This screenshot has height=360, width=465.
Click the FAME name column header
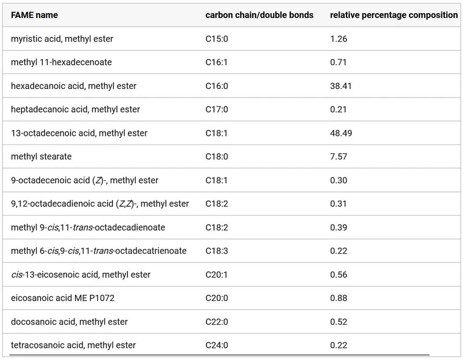point(34,15)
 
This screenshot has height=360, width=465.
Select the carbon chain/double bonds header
point(259,15)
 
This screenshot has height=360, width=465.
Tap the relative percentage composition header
point(393,15)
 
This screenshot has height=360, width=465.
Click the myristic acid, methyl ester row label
point(62,39)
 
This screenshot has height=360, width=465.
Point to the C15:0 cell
point(217,39)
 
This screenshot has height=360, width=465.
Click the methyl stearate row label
point(40,157)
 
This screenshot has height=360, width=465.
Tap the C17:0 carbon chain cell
point(217,109)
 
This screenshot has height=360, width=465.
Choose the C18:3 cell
point(217,251)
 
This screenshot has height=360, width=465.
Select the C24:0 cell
point(217,345)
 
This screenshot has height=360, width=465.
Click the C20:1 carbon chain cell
point(217,274)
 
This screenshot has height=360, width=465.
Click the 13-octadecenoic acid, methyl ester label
point(79,133)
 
